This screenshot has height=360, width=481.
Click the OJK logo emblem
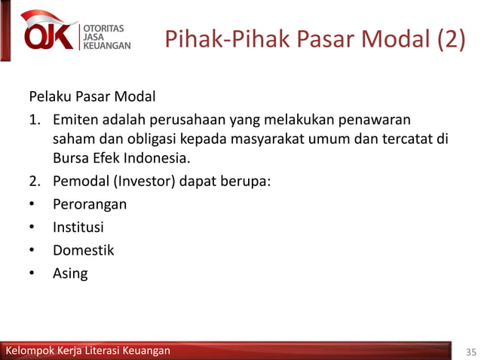tap(50, 32)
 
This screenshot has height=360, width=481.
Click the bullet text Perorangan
tap(90, 204)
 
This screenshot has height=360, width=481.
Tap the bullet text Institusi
tap(78, 227)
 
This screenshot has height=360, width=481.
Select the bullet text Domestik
tap(83, 249)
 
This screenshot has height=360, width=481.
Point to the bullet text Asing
tap(70, 273)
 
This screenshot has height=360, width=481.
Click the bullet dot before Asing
tap(32, 273)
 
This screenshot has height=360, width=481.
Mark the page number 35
tap(471, 351)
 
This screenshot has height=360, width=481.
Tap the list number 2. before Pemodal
tap(35, 181)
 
